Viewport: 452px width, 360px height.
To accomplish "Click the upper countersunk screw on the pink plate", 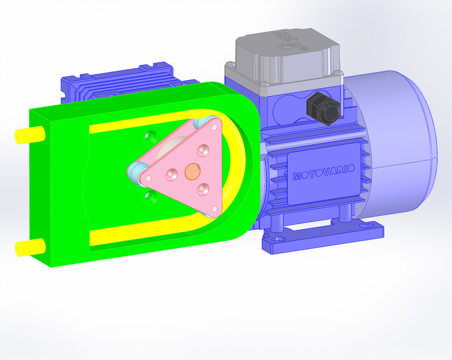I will point(202,150).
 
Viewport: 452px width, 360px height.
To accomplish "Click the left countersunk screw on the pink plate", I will point(170,174).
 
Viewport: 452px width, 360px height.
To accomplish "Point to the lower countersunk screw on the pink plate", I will point(204,188).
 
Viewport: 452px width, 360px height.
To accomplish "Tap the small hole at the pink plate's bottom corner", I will point(214,209).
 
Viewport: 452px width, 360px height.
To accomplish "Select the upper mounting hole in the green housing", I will point(150,136).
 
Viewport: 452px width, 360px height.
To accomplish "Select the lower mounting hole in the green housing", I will point(149,196).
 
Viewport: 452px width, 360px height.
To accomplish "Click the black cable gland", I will point(323,108).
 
